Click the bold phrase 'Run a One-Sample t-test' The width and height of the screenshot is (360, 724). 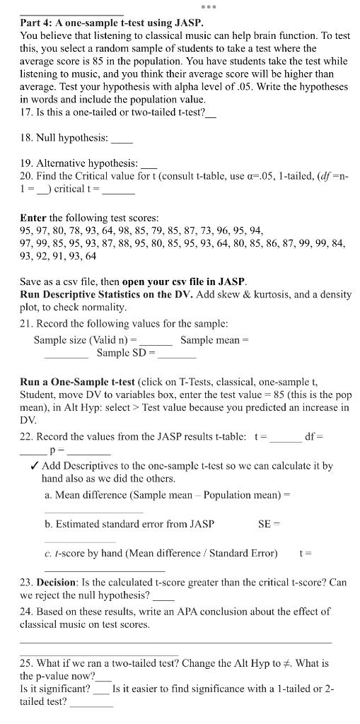77,381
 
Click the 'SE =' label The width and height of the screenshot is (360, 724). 269,524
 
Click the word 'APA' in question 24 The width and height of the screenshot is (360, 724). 182,612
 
